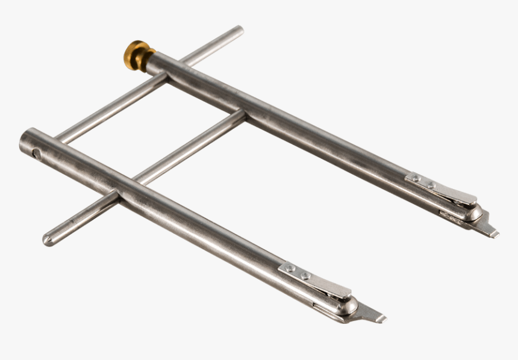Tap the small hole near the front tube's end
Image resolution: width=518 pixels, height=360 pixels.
[37, 154]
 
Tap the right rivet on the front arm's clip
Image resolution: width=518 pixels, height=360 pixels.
[305, 276]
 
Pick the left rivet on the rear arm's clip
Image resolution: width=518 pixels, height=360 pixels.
[416, 178]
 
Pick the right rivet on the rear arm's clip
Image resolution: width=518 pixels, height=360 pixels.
[431, 185]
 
